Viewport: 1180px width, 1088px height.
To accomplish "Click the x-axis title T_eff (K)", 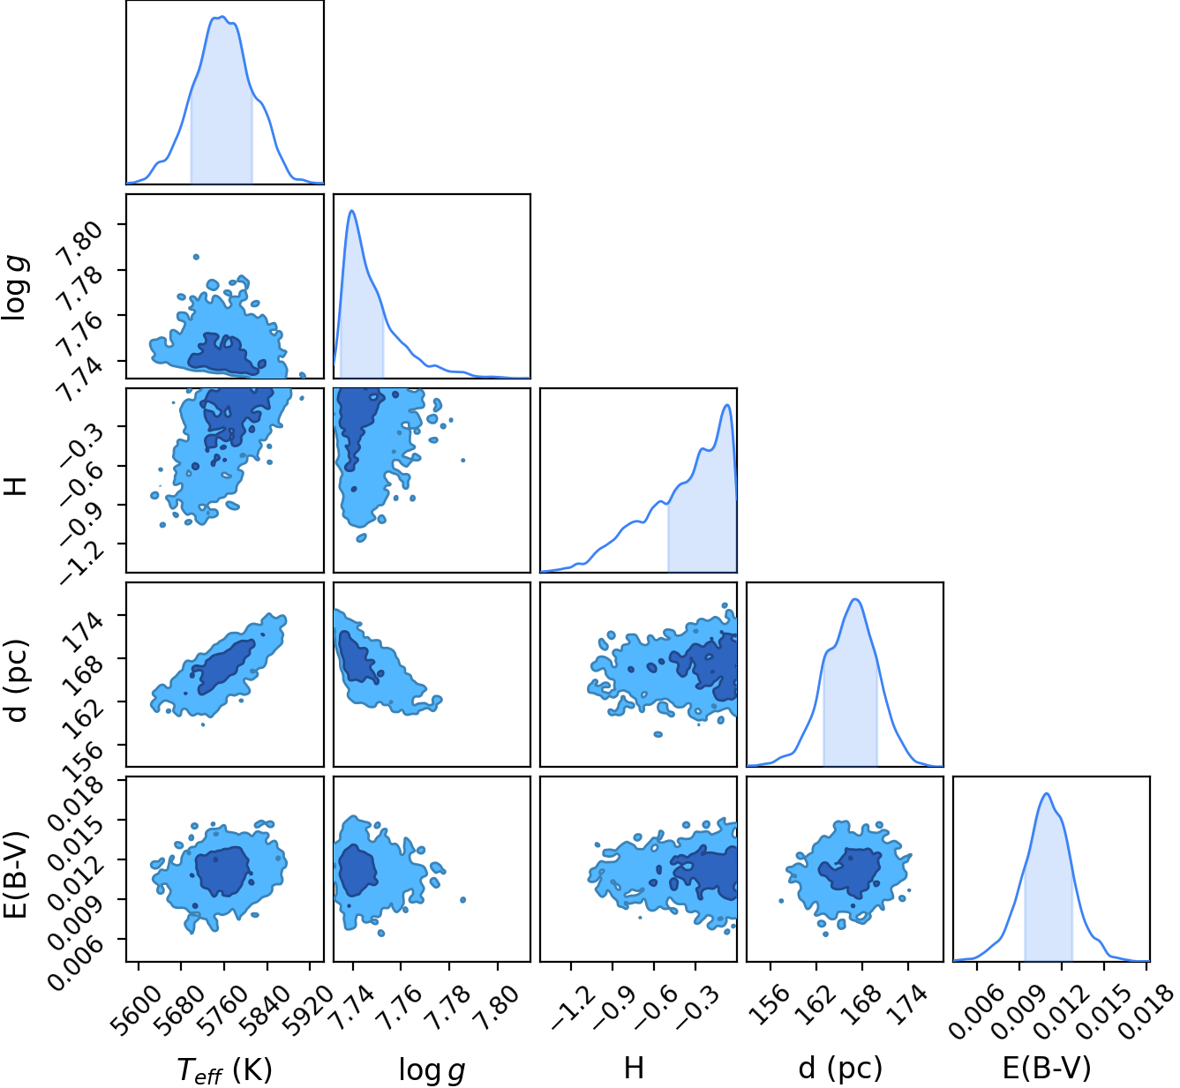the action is [224, 1069].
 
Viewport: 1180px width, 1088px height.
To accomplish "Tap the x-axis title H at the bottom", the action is [634, 1068].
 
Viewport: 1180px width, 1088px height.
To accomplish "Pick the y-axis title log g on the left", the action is [16, 289].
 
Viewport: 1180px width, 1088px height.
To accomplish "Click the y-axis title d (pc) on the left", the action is [16, 680].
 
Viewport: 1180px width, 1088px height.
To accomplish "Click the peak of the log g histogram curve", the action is [352, 210].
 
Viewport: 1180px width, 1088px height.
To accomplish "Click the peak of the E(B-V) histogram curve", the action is [1047, 793].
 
